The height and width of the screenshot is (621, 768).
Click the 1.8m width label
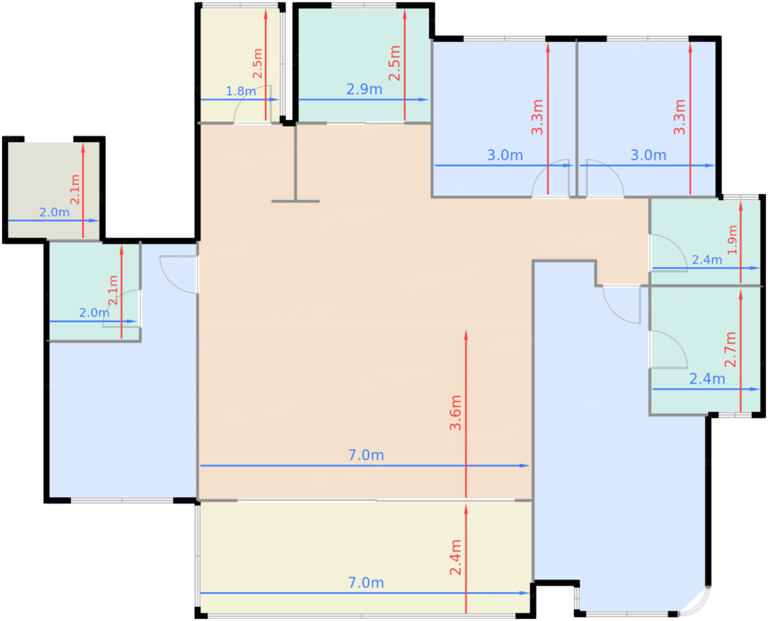[x=240, y=91]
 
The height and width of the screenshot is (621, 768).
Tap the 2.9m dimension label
[x=364, y=89]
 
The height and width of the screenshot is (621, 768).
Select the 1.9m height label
[x=732, y=240]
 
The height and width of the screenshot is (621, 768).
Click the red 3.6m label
[x=455, y=413]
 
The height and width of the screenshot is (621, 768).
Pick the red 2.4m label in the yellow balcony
[x=455, y=557]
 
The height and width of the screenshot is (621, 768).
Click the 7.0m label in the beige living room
[x=365, y=455]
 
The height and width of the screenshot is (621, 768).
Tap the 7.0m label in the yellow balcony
[x=365, y=583]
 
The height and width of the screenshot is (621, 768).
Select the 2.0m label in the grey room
[x=54, y=212]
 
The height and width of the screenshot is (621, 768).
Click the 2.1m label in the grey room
[x=75, y=189]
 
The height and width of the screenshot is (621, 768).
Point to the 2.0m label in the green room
[x=94, y=313]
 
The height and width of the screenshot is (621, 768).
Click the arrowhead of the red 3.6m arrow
[x=466, y=334]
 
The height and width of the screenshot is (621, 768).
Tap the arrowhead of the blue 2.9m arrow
[x=423, y=99]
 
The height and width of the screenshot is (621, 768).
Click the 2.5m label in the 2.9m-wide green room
[x=395, y=63]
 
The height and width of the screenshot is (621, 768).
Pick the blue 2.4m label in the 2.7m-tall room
[x=707, y=379]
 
